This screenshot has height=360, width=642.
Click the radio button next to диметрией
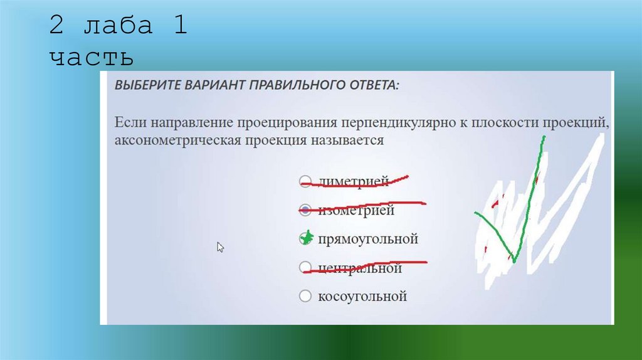305,182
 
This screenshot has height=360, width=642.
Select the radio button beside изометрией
305,210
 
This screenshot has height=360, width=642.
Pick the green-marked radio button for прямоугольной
306,238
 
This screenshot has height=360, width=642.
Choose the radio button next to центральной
305,268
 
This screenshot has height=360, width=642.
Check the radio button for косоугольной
305,296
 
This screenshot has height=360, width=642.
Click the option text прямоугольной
368,239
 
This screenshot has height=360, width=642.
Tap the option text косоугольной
362,296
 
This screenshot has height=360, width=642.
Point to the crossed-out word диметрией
354,182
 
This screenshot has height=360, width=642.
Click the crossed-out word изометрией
356,210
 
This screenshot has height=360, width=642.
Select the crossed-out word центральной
360,268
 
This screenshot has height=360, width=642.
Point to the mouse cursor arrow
220,246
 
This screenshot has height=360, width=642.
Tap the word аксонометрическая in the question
176,140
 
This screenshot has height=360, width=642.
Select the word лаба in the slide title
117,28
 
